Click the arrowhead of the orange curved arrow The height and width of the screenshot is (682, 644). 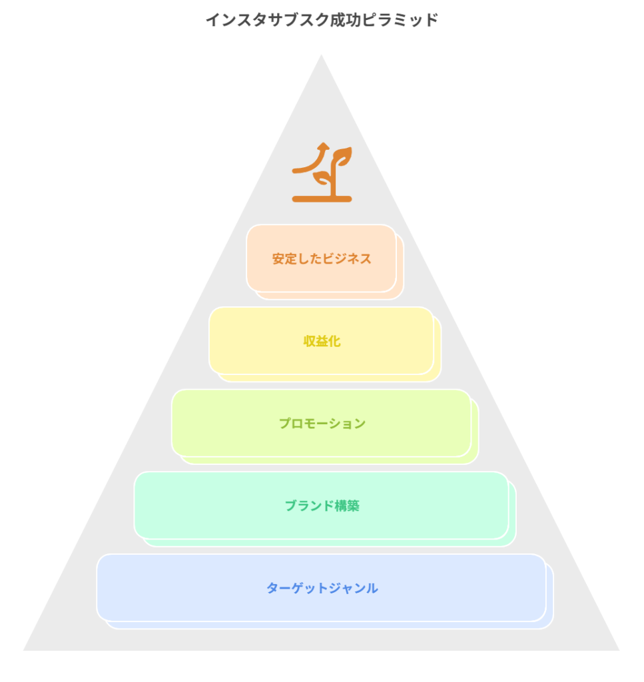(323, 147)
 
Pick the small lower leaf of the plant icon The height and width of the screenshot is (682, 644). (322, 178)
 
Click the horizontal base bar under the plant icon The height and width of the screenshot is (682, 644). (322, 198)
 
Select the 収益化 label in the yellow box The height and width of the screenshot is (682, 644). (322, 341)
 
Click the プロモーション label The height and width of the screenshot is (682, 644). (322, 424)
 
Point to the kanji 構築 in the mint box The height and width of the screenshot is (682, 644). (347, 506)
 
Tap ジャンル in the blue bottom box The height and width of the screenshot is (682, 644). (353, 588)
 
